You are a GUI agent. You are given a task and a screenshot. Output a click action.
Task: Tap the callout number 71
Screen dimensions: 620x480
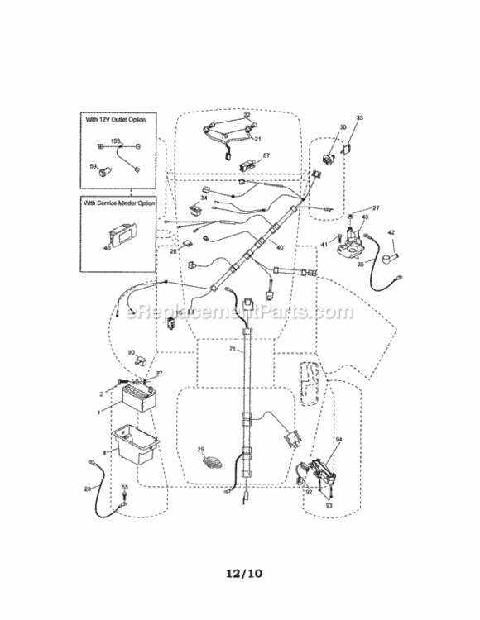tap(233, 351)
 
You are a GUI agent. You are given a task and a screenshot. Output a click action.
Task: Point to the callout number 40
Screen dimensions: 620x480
tap(280, 247)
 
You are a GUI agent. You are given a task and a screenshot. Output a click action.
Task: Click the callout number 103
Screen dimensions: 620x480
tap(116, 142)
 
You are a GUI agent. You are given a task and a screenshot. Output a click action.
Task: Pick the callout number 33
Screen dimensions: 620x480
tap(359, 119)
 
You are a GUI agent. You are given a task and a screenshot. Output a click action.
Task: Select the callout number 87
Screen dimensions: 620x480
tap(266, 155)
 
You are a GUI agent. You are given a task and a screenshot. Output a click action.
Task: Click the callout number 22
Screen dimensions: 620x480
tap(246, 115)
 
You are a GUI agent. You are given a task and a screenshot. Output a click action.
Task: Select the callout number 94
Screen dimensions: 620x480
tap(338, 439)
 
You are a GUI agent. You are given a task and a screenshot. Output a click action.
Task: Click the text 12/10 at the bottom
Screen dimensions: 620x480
tap(239, 571)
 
